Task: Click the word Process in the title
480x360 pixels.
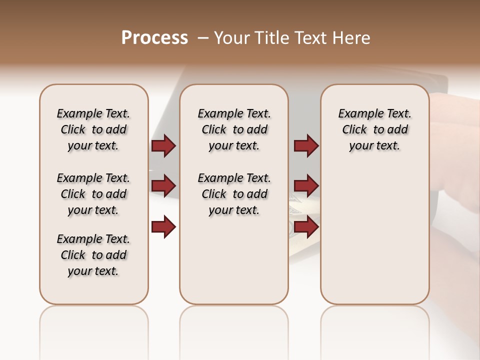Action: (x=154, y=38)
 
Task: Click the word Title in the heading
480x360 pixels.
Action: (x=270, y=38)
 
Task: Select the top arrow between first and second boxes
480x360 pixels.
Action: (x=163, y=146)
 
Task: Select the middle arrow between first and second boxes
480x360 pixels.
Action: (x=163, y=186)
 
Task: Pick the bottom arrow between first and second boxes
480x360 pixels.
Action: (x=163, y=227)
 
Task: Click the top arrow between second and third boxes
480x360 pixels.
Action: (x=306, y=146)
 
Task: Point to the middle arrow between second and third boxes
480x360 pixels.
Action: (x=306, y=186)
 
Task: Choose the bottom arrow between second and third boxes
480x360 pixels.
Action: (x=306, y=227)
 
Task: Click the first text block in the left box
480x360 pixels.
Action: (x=93, y=129)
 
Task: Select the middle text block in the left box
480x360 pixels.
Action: (x=93, y=194)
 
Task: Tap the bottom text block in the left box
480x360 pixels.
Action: (x=93, y=255)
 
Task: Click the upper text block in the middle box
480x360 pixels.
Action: (x=234, y=129)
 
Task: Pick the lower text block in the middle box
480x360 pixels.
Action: (x=234, y=194)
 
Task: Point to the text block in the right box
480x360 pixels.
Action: (x=375, y=129)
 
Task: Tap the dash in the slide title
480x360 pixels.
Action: (x=202, y=38)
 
